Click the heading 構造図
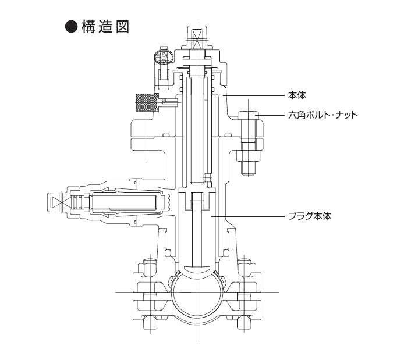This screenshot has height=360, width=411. [x=105, y=27]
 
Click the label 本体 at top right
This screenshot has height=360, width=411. [x=297, y=94]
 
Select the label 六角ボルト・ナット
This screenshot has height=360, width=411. [x=323, y=115]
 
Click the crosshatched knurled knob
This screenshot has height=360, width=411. [x=145, y=103]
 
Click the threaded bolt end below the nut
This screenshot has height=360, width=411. [x=250, y=169]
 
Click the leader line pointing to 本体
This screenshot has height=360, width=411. [x=256, y=94]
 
